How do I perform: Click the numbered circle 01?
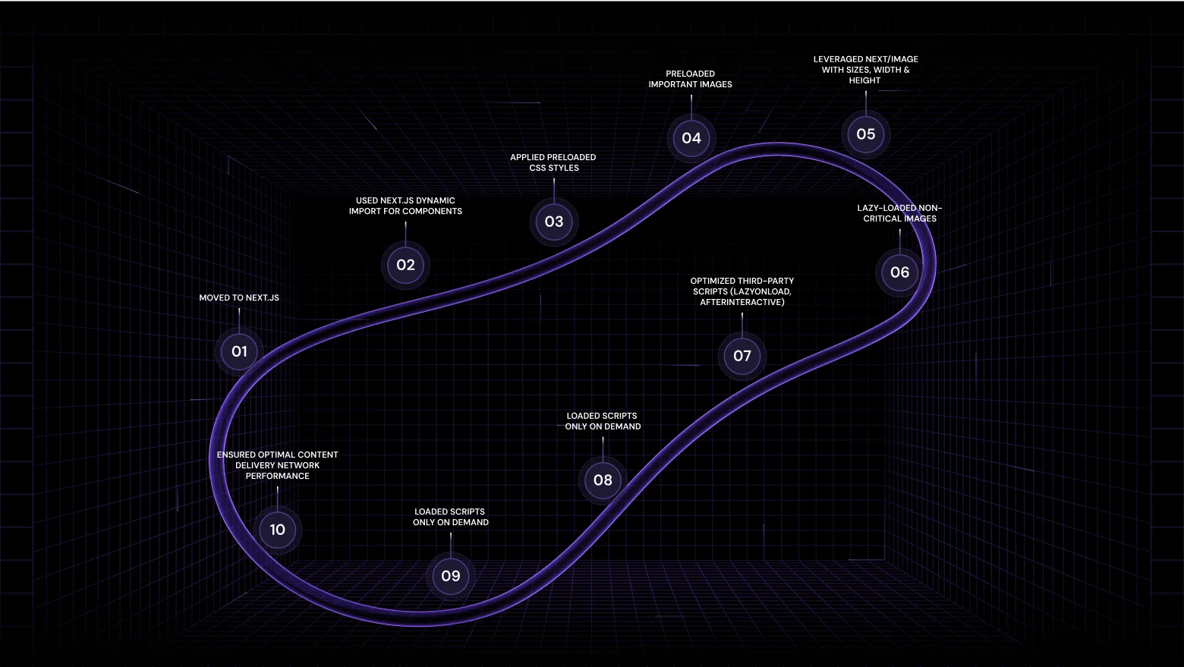pyautogui.click(x=239, y=351)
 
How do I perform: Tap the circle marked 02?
pyautogui.click(x=405, y=265)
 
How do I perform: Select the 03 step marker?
pyautogui.click(x=554, y=222)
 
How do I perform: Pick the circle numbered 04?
pyautogui.click(x=691, y=138)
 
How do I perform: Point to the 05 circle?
pyautogui.click(x=865, y=134)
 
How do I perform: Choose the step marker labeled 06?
pyautogui.click(x=899, y=272)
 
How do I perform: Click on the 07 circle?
pyautogui.click(x=742, y=356)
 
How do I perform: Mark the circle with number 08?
pyautogui.click(x=603, y=480)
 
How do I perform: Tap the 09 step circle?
pyautogui.click(x=451, y=576)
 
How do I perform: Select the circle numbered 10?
pyautogui.click(x=277, y=530)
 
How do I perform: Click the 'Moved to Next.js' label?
pyautogui.click(x=239, y=297)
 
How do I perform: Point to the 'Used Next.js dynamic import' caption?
pyautogui.click(x=405, y=206)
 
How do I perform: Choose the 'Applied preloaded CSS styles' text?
pyautogui.click(x=553, y=162)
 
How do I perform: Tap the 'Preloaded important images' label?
pyautogui.click(x=690, y=79)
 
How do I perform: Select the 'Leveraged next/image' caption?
pyautogui.click(x=865, y=69)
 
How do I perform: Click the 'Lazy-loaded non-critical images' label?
pyautogui.click(x=899, y=213)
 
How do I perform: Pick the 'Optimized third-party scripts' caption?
pyautogui.click(x=742, y=291)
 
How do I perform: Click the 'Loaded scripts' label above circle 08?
pyautogui.click(x=603, y=421)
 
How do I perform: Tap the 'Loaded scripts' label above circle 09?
pyautogui.click(x=451, y=517)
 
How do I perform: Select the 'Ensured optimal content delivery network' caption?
pyautogui.click(x=277, y=465)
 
